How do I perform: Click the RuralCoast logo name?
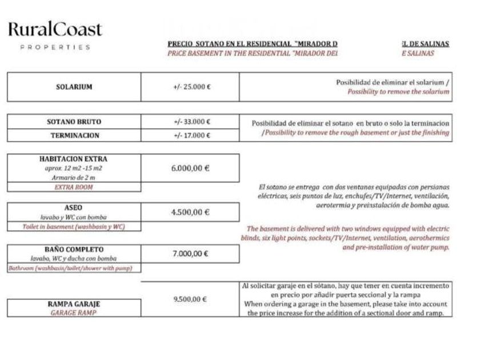(55, 30)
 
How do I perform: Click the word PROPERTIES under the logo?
(55, 47)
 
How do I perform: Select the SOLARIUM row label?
(74, 87)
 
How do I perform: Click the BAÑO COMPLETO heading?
(74, 250)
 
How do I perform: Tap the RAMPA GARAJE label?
(74, 305)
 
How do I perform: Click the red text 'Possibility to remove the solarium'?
(398, 92)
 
